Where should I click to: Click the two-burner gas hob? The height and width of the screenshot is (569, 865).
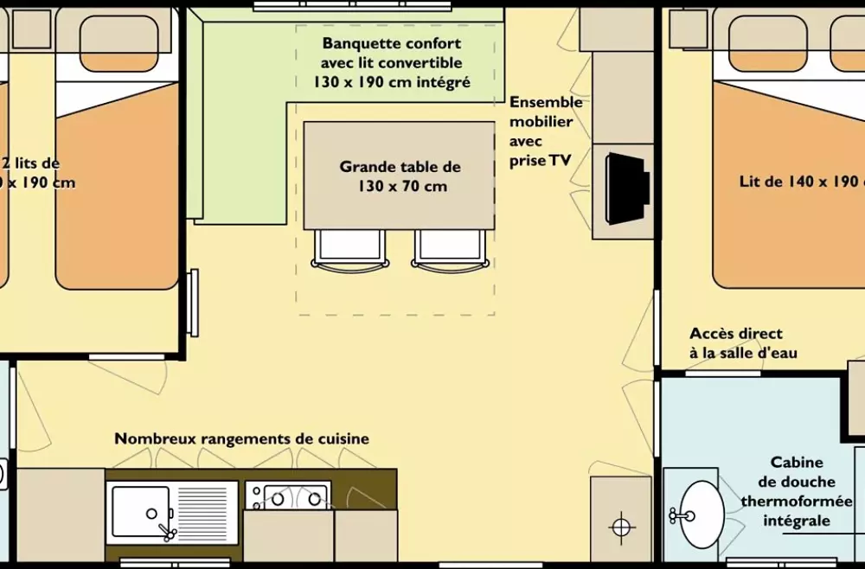tap(287, 496)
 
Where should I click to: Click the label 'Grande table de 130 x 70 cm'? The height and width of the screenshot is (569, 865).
tap(400, 176)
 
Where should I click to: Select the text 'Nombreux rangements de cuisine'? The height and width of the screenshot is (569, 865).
tap(241, 438)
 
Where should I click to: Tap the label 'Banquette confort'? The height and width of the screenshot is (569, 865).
tap(392, 43)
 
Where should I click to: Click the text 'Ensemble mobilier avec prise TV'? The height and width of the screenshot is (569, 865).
tap(545, 131)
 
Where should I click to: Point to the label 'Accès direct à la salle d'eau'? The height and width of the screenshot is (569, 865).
tap(743, 343)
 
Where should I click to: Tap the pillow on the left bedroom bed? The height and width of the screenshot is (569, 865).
tap(119, 43)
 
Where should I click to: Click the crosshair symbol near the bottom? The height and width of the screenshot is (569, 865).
tap(621, 525)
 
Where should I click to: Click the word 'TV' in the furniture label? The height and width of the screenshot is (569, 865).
tap(560, 161)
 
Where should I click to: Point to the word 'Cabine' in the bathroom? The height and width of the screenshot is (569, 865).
tap(797, 463)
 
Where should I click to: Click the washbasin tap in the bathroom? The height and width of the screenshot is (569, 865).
tap(679, 516)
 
